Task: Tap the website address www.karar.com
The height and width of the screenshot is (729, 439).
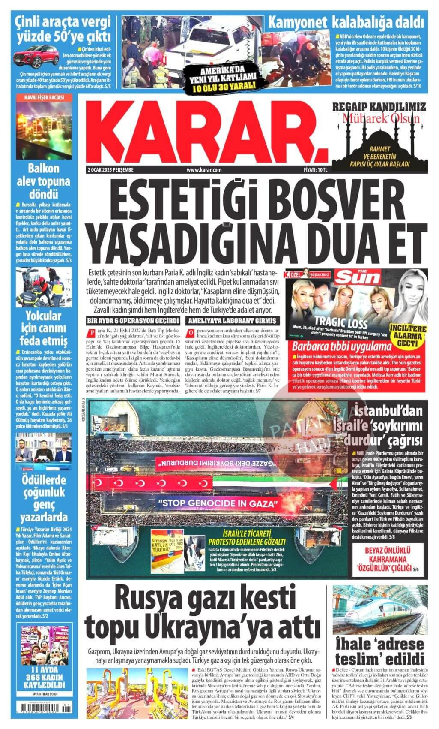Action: pos(203,170)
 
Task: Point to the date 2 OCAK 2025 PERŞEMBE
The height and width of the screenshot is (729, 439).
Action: pos(108,170)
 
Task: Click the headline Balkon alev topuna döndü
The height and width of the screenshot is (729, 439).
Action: pos(43,180)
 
